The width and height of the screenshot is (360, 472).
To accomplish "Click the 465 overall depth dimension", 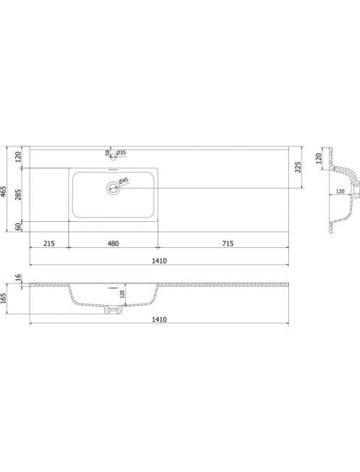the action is [x=4, y=191].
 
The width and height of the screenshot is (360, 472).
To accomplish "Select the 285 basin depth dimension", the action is [x=18, y=195].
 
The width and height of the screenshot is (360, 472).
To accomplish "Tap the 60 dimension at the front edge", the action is [x=18, y=227].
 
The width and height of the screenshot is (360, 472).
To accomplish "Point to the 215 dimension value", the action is [x=49, y=243].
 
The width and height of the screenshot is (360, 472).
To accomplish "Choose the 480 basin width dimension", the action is [x=113, y=243].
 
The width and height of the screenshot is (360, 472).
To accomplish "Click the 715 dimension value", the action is [x=227, y=243].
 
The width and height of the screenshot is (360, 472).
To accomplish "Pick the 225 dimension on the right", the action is [x=298, y=167].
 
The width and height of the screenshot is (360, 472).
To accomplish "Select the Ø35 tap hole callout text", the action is [x=121, y=152].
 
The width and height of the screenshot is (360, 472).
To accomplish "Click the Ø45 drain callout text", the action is [x=124, y=181].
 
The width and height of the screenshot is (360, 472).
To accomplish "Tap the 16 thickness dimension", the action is [x=18, y=277].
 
